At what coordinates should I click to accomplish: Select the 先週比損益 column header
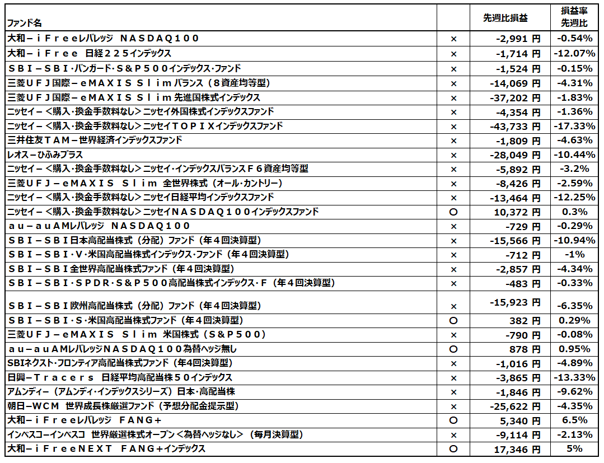[x=505, y=18]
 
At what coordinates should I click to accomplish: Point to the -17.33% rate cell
[x=574, y=126]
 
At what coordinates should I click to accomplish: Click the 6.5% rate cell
[x=574, y=420]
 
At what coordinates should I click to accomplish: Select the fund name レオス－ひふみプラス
[x=45, y=155]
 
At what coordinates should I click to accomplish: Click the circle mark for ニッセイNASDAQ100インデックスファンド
[x=454, y=212]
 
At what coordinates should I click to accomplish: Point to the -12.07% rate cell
[x=574, y=54]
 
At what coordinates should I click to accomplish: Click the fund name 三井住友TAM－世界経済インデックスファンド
[x=95, y=140]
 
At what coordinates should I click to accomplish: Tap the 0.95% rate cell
[x=574, y=349]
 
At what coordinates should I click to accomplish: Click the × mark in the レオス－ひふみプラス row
[x=454, y=155]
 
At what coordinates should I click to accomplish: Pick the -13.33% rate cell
[x=574, y=377]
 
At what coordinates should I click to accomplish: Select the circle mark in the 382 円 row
[x=454, y=321]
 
